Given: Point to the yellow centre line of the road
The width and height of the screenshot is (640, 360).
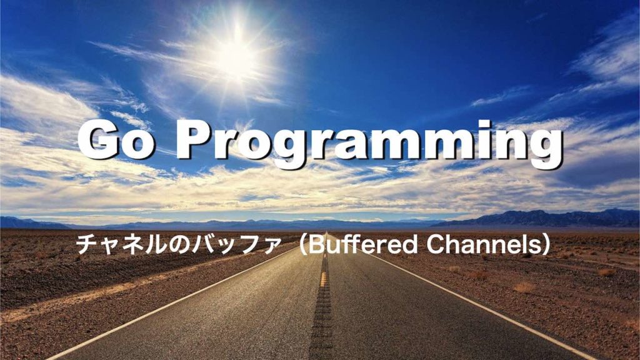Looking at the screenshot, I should [x=324, y=278].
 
